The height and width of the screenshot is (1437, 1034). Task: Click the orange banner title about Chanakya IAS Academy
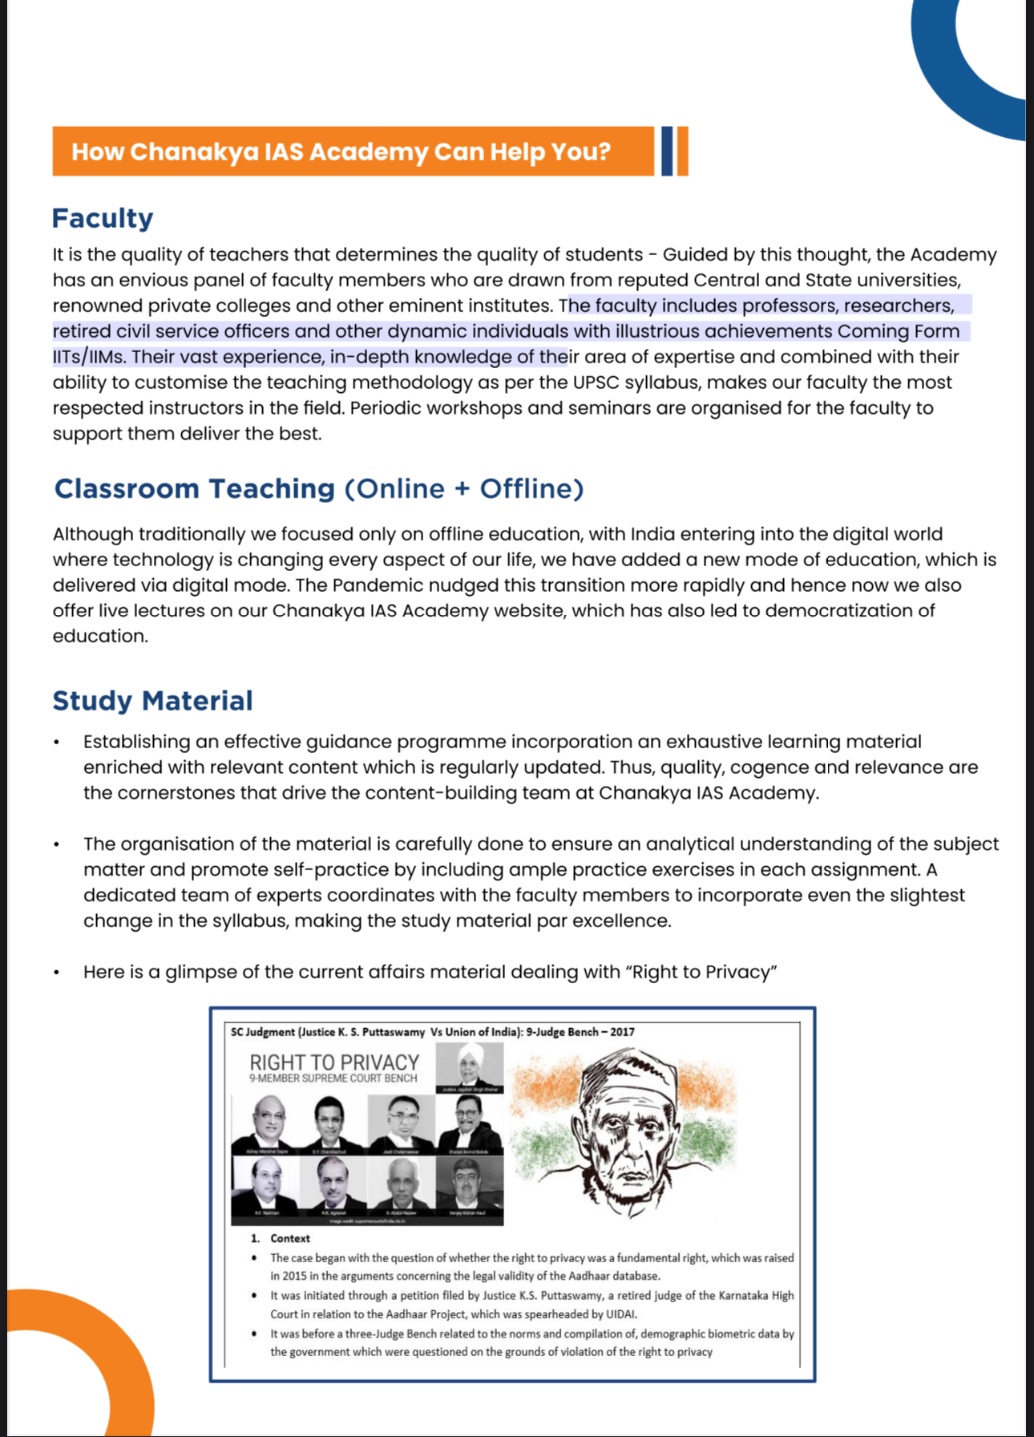tap(341, 152)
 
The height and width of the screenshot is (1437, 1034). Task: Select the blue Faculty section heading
tap(103, 218)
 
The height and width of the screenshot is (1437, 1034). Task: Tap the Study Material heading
tap(152, 701)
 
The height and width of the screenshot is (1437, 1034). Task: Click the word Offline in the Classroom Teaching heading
tap(531, 488)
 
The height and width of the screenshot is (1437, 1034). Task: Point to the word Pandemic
tap(381, 585)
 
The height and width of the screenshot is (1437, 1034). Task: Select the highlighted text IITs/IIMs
tap(87, 357)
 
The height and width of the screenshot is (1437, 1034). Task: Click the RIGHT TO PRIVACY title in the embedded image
tap(334, 1063)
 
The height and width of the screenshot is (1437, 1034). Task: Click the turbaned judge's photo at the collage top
tap(470, 1067)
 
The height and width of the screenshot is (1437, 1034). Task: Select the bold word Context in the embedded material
tap(290, 1238)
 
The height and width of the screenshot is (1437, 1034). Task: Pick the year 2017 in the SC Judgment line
tap(622, 1032)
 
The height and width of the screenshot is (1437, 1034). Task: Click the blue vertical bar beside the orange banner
tap(666, 151)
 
